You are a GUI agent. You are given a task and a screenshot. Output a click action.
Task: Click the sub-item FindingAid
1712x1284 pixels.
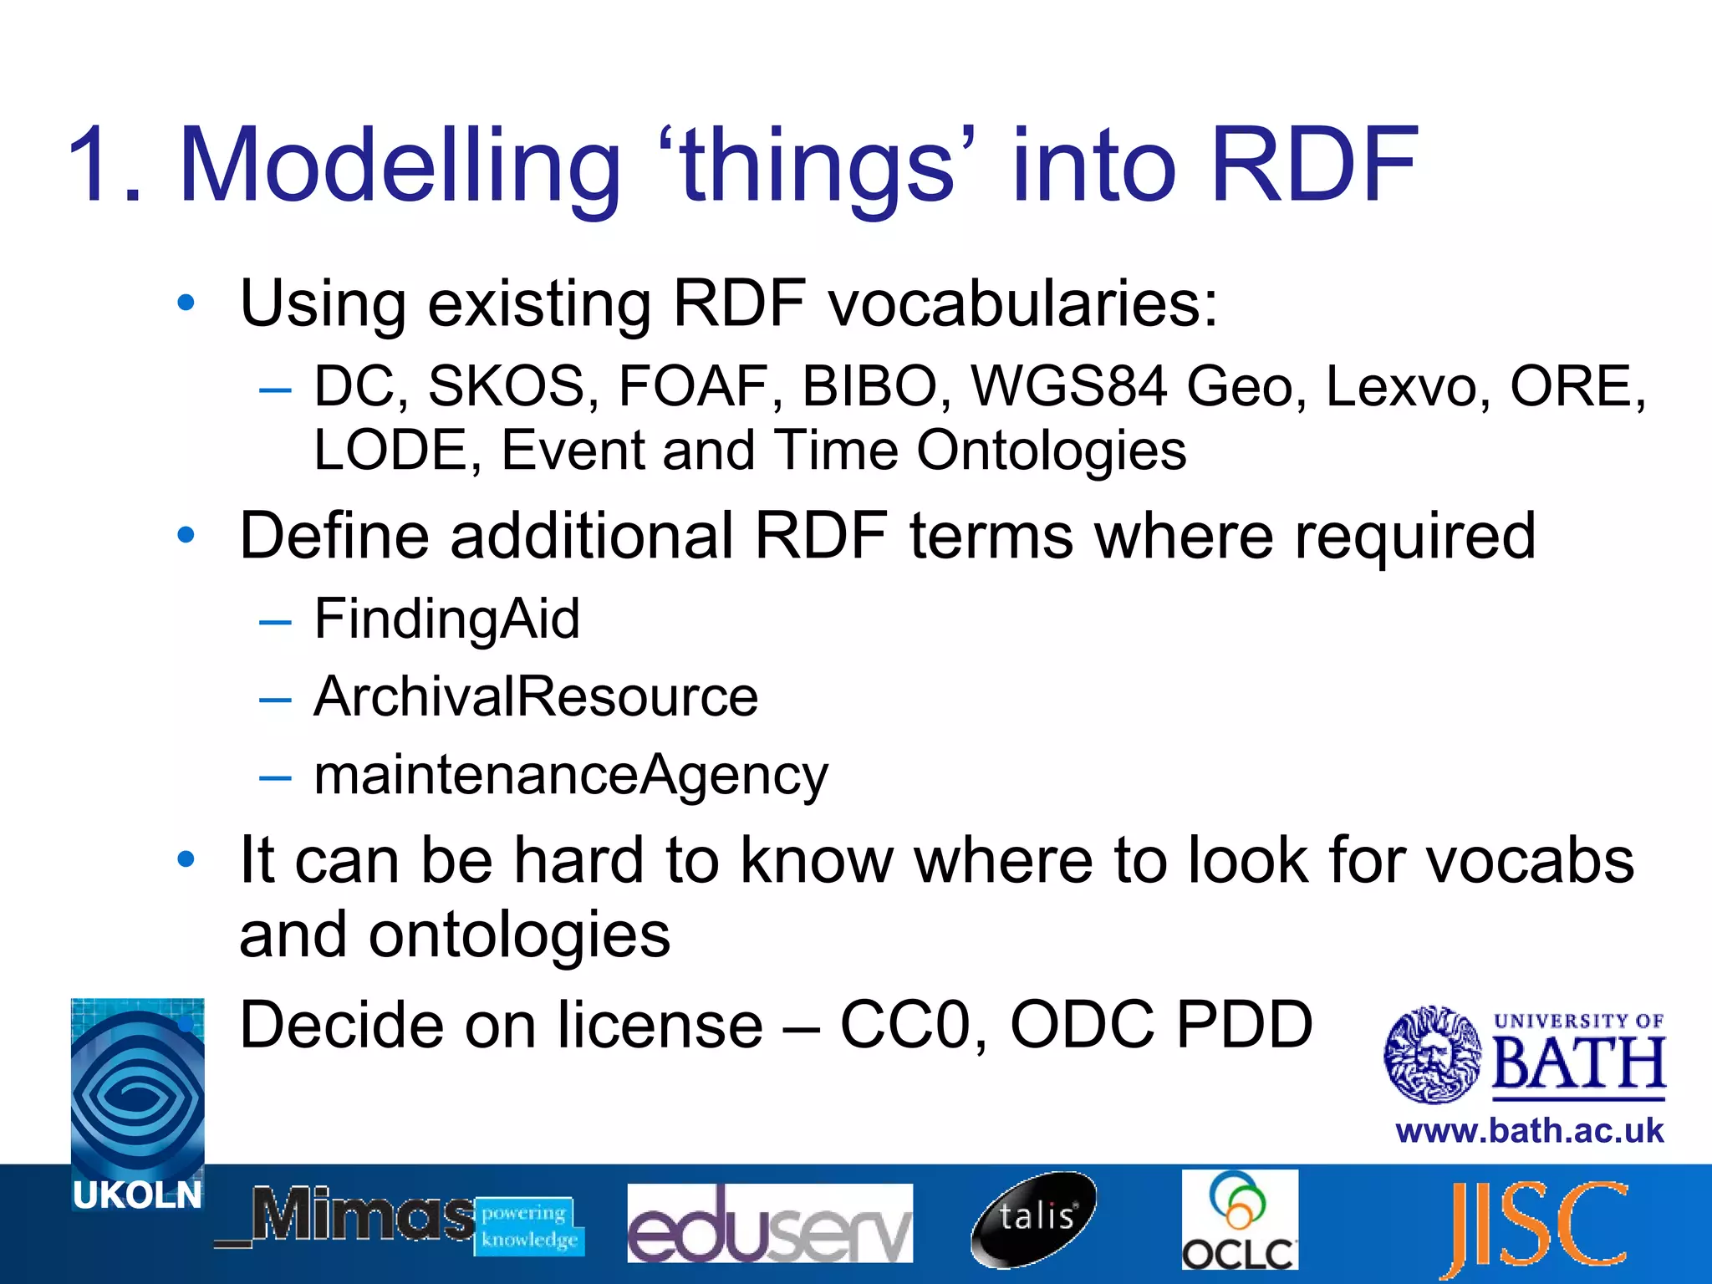point(446,619)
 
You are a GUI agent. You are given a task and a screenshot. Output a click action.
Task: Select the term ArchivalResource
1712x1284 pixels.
point(536,696)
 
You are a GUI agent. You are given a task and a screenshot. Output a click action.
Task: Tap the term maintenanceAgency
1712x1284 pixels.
point(571,775)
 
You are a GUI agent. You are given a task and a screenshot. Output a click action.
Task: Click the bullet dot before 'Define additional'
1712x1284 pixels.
point(186,535)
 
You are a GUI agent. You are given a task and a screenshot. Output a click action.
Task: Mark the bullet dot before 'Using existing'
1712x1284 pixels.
point(186,303)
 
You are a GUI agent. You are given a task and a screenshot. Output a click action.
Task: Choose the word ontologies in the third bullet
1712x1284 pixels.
point(519,935)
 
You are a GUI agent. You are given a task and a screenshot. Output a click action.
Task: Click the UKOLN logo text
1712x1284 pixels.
point(137,1195)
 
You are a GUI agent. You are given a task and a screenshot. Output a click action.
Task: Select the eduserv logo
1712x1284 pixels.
point(769,1223)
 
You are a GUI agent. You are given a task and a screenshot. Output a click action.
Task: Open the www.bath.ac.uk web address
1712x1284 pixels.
point(1529,1132)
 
